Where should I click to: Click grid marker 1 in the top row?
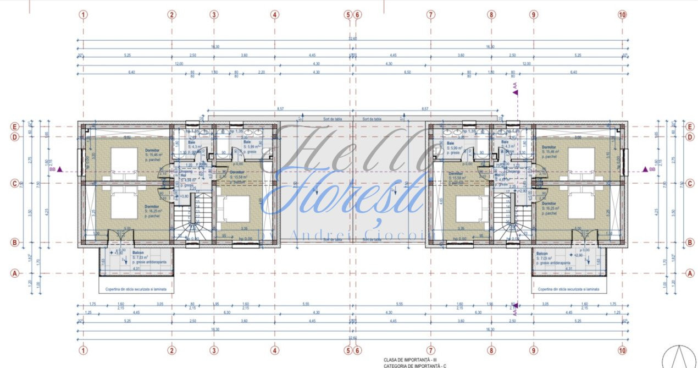pos(83,15)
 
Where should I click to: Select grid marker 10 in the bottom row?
pos(622,350)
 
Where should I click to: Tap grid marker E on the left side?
pos(14,126)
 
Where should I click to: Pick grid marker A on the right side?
pos(690,272)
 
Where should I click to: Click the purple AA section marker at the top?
pos(515,90)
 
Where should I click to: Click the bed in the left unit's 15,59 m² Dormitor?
pos(236,209)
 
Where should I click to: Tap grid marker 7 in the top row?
pos(431,15)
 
